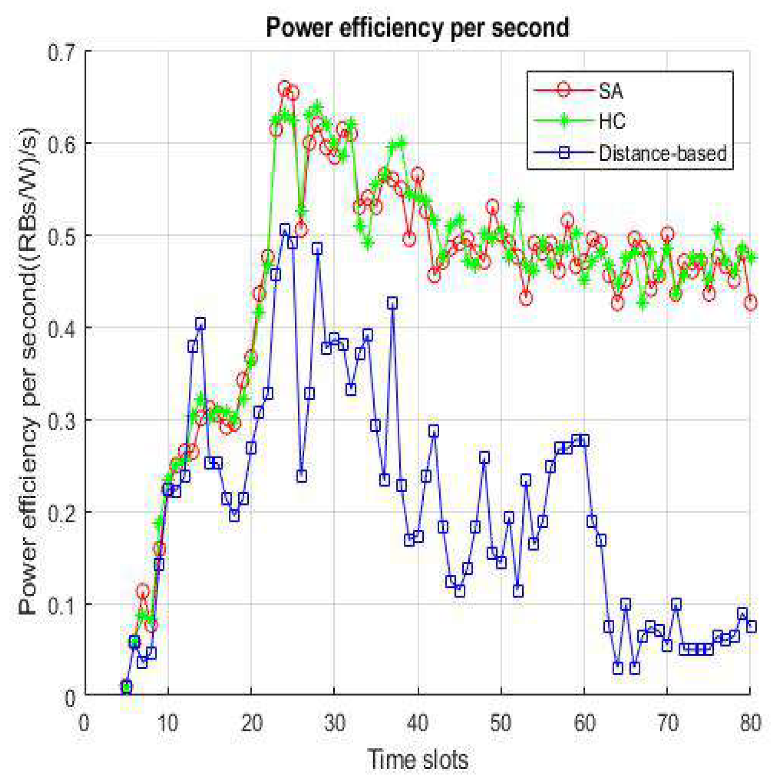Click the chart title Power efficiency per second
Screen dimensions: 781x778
(x=417, y=27)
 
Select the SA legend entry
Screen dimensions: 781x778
(x=610, y=91)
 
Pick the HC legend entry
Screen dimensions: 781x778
(x=612, y=122)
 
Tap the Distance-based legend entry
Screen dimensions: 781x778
(x=662, y=153)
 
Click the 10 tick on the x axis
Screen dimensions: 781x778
(x=168, y=723)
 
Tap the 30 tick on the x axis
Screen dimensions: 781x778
(x=334, y=723)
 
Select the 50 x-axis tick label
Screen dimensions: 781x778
(x=501, y=723)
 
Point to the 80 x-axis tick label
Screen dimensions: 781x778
(x=750, y=723)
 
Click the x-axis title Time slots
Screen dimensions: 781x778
(x=418, y=760)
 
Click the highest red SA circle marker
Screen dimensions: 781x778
(x=284, y=88)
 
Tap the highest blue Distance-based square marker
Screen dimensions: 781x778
(x=285, y=229)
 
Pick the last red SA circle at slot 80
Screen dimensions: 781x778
(x=751, y=303)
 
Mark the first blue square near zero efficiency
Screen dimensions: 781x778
(x=126, y=686)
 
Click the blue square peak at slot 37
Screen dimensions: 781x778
(x=393, y=304)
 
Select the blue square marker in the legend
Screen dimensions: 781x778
(x=564, y=153)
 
